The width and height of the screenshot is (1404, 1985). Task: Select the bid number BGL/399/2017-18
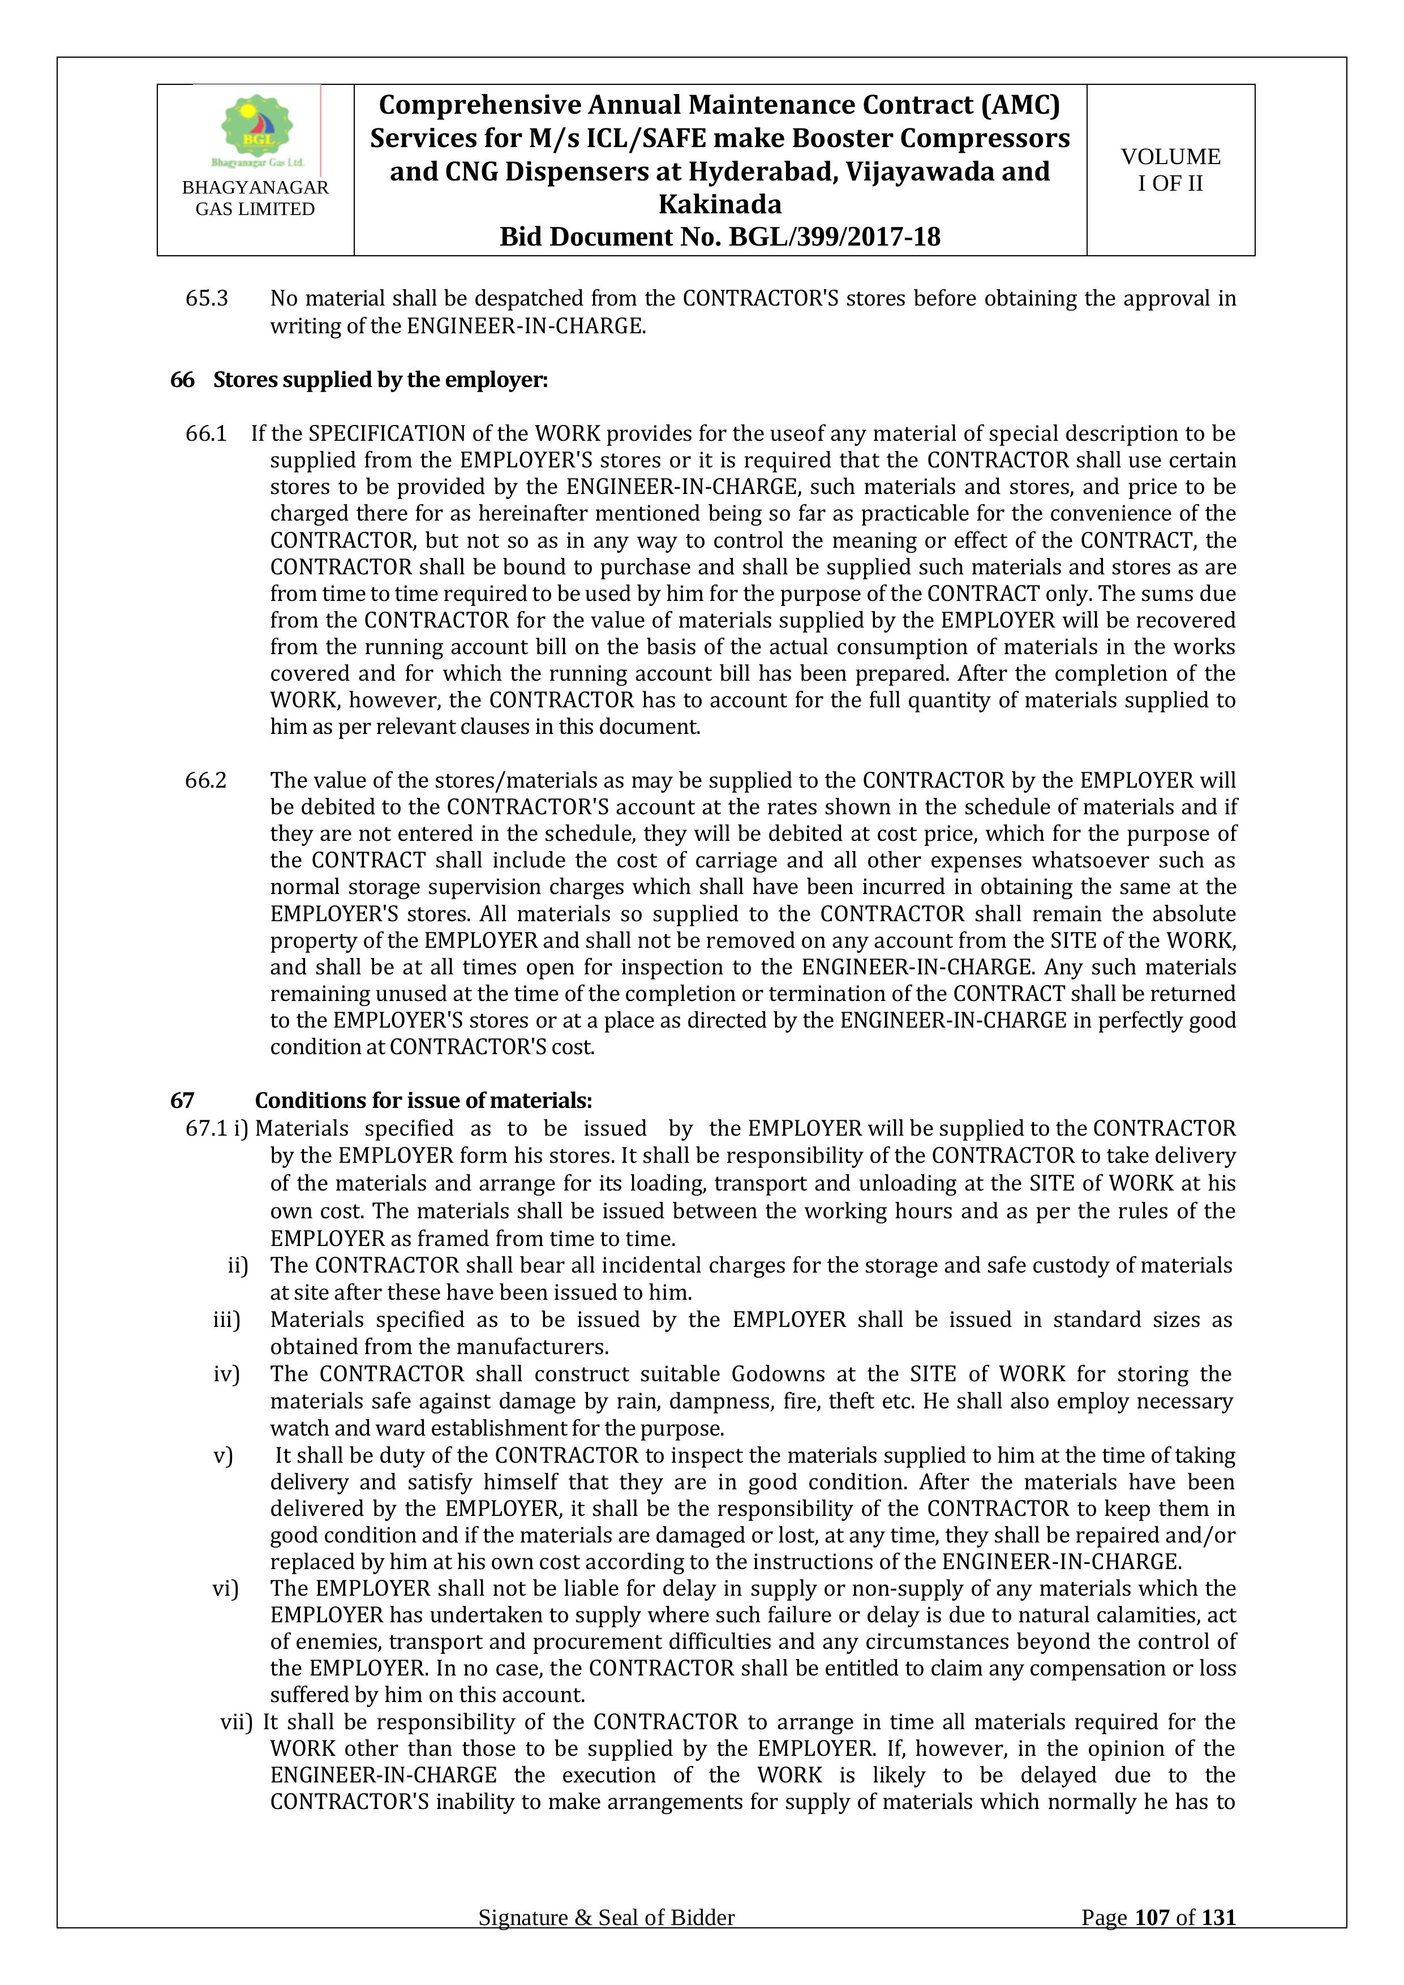(x=834, y=237)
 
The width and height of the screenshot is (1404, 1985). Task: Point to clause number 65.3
(x=207, y=298)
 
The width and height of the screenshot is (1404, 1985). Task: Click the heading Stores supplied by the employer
(x=380, y=380)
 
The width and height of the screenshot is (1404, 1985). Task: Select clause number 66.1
(x=206, y=433)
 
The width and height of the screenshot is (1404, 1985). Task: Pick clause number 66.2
(x=206, y=780)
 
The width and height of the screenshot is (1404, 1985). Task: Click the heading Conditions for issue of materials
(x=423, y=1101)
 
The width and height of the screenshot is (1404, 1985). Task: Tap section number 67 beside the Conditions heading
(x=182, y=1101)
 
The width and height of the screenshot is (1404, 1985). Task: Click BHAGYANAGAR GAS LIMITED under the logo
(x=255, y=198)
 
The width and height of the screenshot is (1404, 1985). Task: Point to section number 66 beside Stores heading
(x=182, y=380)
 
